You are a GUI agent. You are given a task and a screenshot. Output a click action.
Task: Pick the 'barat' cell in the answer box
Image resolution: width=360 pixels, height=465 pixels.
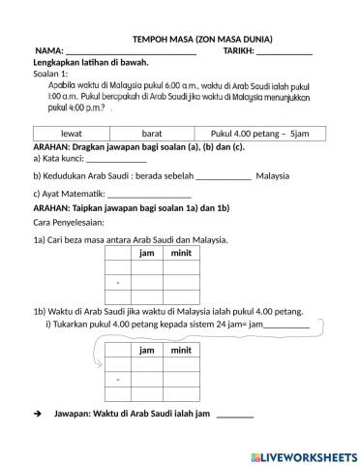152,133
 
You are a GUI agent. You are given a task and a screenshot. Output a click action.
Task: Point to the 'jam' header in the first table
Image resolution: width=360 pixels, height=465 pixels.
147,253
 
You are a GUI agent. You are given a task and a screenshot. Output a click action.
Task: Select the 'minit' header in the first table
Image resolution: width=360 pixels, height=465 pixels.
180,253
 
